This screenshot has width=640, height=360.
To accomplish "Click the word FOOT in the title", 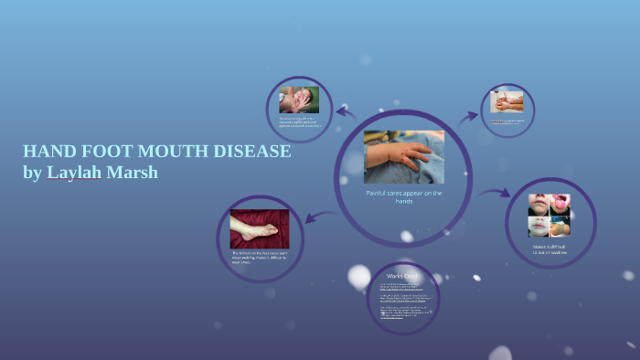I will pos(109,152).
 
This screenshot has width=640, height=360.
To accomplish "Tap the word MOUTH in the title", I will pos(172,152).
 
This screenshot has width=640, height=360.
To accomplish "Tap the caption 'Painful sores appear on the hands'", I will pos(404,197).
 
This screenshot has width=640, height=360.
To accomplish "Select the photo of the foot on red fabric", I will pos(260,228).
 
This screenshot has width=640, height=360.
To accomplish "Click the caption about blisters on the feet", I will pos(260,257).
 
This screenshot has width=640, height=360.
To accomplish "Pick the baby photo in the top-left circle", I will pos(299,100).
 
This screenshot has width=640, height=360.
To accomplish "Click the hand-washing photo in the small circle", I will pos(507,101).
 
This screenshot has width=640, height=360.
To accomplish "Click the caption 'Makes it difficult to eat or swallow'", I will pos(549,249).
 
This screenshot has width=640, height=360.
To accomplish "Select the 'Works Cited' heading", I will pos(402,275).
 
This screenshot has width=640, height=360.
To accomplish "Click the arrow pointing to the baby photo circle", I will pos(346,112).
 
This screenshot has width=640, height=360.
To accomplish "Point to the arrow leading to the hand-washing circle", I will pos(468,117).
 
